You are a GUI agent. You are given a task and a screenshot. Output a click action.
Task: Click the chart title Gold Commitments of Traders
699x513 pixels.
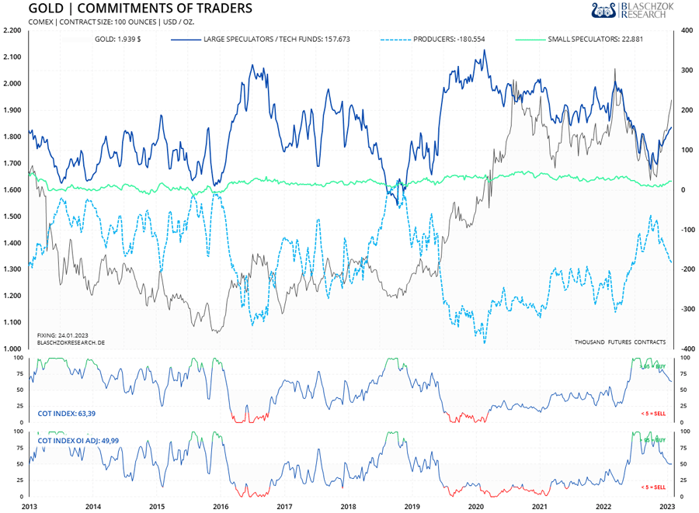(x=140, y=9)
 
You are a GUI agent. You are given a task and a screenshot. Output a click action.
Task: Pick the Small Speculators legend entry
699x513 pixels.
(x=596, y=38)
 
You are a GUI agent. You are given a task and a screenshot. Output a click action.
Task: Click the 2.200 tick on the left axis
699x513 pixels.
(x=12, y=31)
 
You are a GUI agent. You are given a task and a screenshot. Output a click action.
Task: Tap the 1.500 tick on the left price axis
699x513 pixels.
(x=12, y=217)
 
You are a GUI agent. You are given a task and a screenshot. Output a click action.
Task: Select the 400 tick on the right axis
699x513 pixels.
(x=686, y=31)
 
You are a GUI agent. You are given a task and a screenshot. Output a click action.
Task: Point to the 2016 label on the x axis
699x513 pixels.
(x=221, y=507)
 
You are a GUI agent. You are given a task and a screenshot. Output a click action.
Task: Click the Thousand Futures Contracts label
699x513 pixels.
(x=620, y=341)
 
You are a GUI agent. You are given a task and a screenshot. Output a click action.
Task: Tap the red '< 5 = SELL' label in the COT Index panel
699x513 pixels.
(x=652, y=414)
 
